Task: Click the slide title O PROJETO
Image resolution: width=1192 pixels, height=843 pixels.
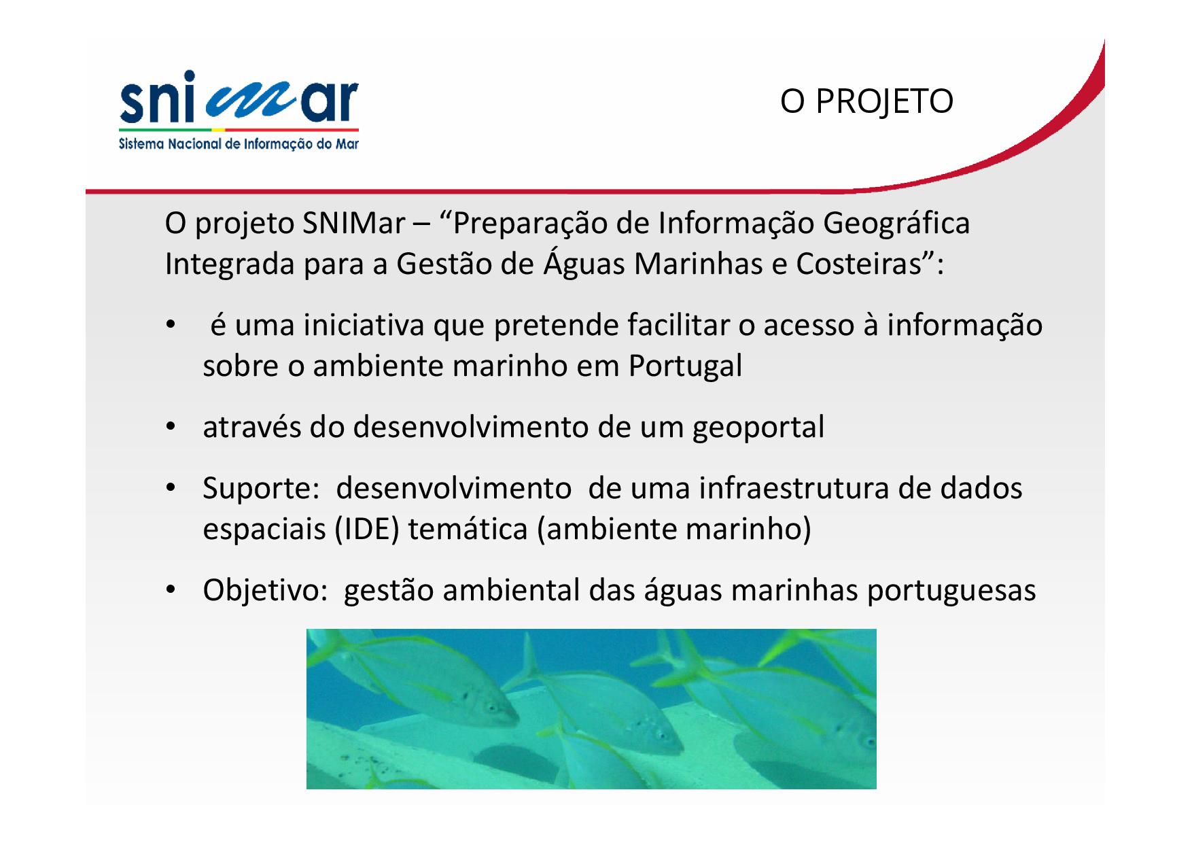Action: coord(866,102)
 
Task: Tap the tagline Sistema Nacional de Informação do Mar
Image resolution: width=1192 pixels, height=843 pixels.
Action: coord(239,144)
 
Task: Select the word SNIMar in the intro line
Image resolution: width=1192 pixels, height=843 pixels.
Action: coord(353,224)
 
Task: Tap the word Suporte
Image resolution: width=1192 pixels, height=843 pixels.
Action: coord(257,489)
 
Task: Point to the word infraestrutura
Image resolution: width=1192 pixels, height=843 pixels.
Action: coord(794,489)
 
